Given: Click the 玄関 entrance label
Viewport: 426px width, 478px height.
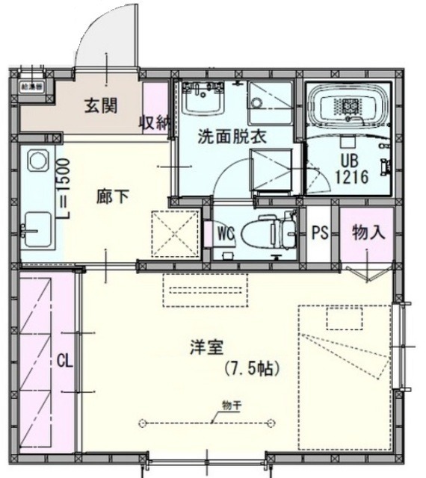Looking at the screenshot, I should [x=99, y=106].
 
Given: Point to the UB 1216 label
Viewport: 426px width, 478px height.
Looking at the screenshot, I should [x=349, y=170].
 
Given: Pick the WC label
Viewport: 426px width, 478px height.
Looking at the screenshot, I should [x=225, y=232].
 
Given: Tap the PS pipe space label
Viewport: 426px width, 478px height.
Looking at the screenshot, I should [x=320, y=232].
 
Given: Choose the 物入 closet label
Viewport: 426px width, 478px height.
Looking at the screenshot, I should [x=368, y=232].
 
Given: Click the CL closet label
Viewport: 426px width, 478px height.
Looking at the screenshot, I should [x=64, y=361].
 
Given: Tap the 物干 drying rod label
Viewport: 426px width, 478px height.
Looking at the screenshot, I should [x=230, y=405].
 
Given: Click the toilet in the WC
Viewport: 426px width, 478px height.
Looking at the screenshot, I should [x=270, y=231].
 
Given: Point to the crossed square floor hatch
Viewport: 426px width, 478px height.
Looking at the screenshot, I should [x=174, y=232].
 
